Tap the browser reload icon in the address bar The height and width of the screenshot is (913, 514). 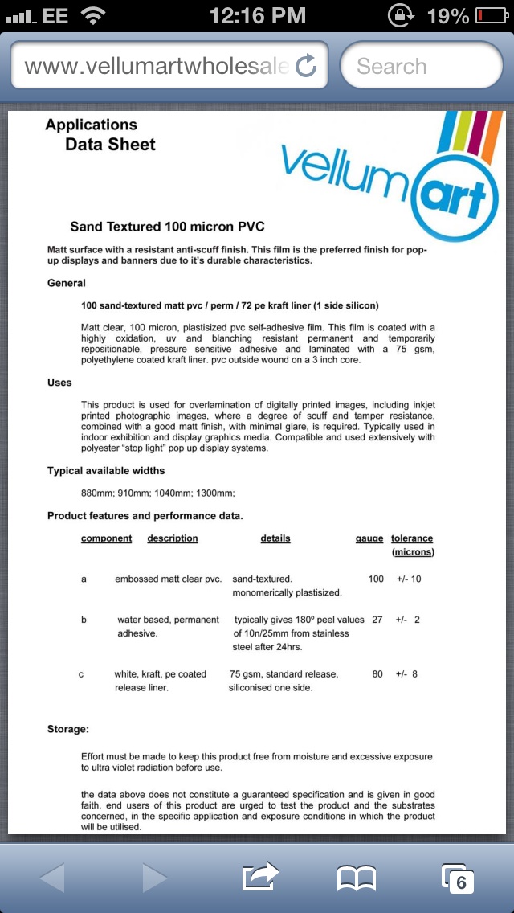[306, 66]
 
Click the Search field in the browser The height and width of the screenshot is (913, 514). [421, 66]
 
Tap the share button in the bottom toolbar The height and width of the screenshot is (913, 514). [260, 877]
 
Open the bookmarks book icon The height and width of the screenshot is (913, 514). [357, 878]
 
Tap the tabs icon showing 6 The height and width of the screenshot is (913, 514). [458, 878]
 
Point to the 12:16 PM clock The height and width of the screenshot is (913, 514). [257, 15]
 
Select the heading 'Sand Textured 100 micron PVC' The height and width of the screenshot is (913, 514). [167, 227]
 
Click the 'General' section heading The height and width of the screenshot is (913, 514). [67, 283]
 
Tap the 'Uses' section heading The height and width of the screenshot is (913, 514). [59, 383]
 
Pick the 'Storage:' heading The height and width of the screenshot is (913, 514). [68, 729]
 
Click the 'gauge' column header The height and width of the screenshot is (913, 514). [369, 538]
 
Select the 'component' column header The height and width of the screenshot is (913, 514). [106, 538]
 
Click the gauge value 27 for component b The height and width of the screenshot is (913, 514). [377, 620]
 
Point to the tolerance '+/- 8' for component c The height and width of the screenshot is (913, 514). [406, 674]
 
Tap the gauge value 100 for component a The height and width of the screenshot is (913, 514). [376, 579]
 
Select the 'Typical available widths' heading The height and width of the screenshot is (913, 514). [106, 471]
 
